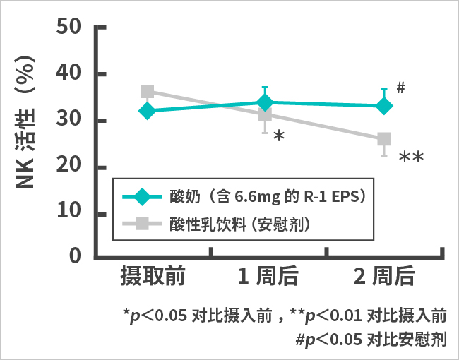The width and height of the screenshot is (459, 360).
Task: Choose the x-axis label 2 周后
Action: [x=383, y=277]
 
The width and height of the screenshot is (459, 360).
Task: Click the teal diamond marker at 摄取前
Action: [x=148, y=111]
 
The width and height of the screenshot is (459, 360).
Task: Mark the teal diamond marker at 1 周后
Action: [x=265, y=102]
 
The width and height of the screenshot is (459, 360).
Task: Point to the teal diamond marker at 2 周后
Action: [x=383, y=106]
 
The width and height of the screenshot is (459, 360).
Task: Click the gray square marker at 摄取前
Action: [x=148, y=92]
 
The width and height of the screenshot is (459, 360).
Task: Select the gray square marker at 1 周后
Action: [x=265, y=114]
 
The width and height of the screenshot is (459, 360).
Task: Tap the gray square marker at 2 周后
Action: [x=383, y=139]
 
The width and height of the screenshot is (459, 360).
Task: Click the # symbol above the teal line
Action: [x=400, y=88]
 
